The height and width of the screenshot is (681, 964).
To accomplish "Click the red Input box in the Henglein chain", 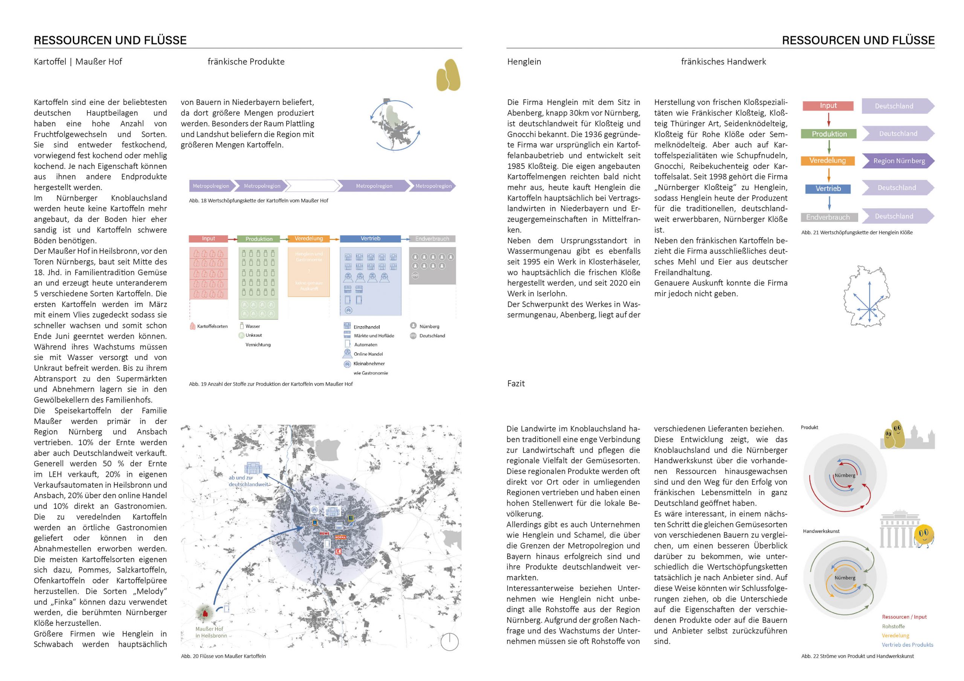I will (x=828, y=106).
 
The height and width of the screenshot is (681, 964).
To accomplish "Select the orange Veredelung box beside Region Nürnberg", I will (x=828, y=161).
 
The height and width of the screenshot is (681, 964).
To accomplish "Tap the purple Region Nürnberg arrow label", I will (x=899, y=161).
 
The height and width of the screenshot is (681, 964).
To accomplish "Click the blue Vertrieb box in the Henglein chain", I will (x=828, y=189).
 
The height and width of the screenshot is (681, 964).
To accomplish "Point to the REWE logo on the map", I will (x=325, y=533).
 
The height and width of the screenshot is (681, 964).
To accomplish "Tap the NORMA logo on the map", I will (x=340, y=537).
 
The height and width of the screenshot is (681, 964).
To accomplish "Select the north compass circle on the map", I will (x=449, y=642).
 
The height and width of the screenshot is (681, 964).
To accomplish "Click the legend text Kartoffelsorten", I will (x=212, y=327).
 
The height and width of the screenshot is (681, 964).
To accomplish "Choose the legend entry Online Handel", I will (x=368, y=354).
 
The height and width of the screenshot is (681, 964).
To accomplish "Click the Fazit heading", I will (x=516, y=383).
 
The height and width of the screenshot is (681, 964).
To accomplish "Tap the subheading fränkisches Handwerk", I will (x=723, y=62).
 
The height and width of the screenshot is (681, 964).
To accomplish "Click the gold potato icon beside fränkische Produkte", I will (x=448, y=76).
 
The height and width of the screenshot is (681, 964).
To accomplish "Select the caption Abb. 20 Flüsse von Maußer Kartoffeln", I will (x=223, y=656).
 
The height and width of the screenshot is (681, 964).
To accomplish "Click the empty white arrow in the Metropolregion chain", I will (x=313, y=186).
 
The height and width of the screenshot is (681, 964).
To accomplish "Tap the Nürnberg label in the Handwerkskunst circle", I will (x=845, y=578).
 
